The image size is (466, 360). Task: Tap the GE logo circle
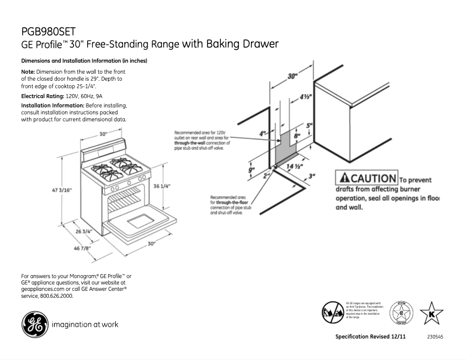point(34,323)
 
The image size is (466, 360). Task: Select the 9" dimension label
point(252,170)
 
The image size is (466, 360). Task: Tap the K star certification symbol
point(431,314)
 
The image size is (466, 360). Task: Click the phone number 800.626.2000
point(57,296)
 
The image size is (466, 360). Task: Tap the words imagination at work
point(85,324)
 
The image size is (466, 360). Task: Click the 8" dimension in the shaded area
point(296,135)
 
